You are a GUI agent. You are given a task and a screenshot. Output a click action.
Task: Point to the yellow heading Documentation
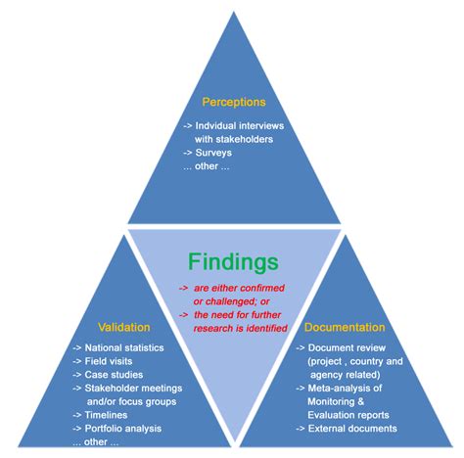[x=344, y=327]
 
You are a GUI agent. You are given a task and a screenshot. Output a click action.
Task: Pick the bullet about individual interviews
[x=231, y=126]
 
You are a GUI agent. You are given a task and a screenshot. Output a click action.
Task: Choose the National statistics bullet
[x=119, y=347]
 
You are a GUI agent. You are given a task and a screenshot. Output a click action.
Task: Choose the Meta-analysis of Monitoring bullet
[x=348, y=388]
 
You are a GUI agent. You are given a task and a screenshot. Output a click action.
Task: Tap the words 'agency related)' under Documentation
[x=348, y=374]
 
